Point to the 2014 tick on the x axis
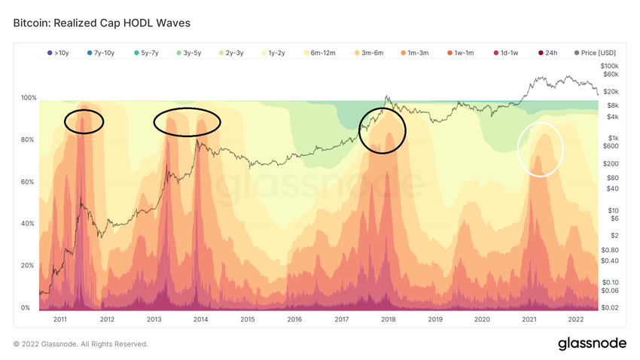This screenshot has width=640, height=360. click(201, 319)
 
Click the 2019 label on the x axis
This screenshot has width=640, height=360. click(435, 319)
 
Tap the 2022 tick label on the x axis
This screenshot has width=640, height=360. click(576, 319)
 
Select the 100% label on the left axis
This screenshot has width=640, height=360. click(29, 99)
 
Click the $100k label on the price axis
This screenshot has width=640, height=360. click(609, 66)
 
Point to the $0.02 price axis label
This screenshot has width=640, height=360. click(609, 307)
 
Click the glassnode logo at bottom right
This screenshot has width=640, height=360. click(591, 343)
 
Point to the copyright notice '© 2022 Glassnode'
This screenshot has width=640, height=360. click(81, 344)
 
